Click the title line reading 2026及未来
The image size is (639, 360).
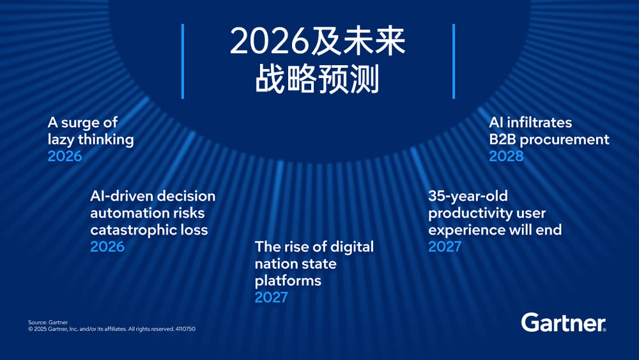tap(318, 43)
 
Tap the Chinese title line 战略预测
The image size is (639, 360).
tap(318, 80)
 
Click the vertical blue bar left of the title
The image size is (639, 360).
tap(183, 61)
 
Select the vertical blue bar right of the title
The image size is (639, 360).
tap(454, 61)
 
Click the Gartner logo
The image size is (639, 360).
tap(564, 322)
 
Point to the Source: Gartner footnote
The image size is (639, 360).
tap(48, 322)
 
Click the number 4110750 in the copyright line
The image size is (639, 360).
tap(185, 329)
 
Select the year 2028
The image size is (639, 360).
tap(506, 156)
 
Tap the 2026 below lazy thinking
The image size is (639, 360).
tap(65, 156)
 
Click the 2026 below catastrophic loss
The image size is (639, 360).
tap(107, 247)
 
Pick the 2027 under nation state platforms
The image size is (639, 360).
tap(272, 297)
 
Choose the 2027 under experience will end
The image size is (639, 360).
tap(445, 247)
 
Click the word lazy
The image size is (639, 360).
tap(61, 139)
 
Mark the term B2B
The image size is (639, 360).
tap(502, 139)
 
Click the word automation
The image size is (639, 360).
tap(121, 212)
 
